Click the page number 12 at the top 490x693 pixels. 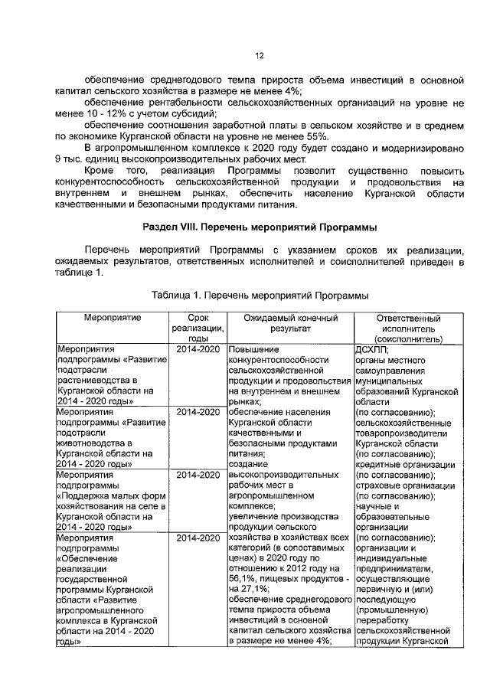point(259,55)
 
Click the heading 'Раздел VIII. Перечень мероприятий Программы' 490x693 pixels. point(259,227)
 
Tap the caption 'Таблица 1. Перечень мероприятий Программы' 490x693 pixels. point(260,295)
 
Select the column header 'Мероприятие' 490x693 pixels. point(111,317)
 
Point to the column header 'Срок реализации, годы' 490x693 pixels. point(198,328)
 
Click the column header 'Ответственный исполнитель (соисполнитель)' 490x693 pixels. point(408,328)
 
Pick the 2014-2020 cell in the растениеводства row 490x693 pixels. point(198,349)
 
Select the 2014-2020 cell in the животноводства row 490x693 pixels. point(198,412)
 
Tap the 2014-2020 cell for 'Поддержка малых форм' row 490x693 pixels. point(198,475)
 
